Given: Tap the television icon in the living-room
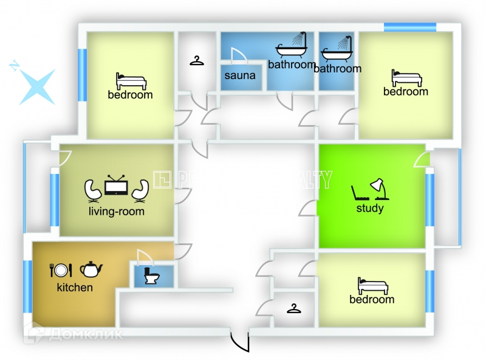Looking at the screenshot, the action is pos(115,186).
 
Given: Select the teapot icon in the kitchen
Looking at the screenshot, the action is pos(91,268).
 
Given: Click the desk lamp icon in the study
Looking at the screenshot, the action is pos(380,189).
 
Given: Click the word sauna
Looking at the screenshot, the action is pos(240,76).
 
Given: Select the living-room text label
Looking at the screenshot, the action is pos(116,212).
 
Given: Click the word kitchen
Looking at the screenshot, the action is pos(75,287).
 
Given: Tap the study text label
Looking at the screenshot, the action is pos(370,209).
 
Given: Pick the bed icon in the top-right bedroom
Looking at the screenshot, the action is pos(406,77).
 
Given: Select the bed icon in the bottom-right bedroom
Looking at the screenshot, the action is pos(372,285).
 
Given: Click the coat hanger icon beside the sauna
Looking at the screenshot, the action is pos(196,61).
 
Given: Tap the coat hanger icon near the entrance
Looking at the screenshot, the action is pos(294,309).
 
